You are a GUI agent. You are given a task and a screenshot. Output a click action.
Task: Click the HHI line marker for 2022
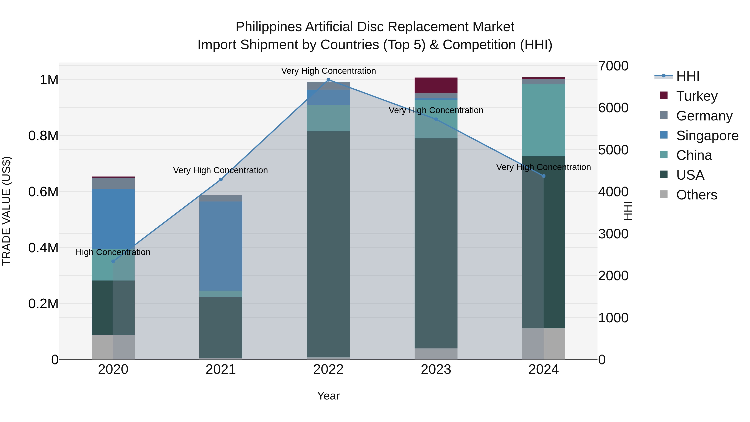click(x=328, y=80)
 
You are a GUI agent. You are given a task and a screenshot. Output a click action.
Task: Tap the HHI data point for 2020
click(x=113, y=261)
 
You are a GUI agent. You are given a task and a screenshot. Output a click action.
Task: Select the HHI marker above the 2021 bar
click(x=221, y=179)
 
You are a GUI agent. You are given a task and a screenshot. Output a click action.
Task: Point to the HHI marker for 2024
click(x=544, y=176)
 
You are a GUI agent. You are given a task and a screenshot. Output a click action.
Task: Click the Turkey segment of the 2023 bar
click(x=436, y=85)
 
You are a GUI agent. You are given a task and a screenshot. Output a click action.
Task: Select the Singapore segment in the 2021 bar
click(x=221, y=246)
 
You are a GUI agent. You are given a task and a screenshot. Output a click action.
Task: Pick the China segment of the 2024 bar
click(x=544, y=120)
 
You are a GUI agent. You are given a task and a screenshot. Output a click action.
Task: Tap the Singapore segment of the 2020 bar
click(x=113, y=218)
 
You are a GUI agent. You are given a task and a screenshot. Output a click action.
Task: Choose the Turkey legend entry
click(x=697, y=96)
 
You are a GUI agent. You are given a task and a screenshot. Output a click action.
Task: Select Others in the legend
click(x=696, y=195)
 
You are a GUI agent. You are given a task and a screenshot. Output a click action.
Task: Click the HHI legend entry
click(x=687, y=76)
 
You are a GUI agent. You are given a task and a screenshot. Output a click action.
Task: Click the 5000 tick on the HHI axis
click(x=613, y=150)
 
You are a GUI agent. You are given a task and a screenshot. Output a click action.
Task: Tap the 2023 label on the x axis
click(x=436, y=369)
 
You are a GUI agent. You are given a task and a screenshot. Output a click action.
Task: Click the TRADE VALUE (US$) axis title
click(x=7, y=211)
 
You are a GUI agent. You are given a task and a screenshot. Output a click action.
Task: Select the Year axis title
click(x=328, y=396)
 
